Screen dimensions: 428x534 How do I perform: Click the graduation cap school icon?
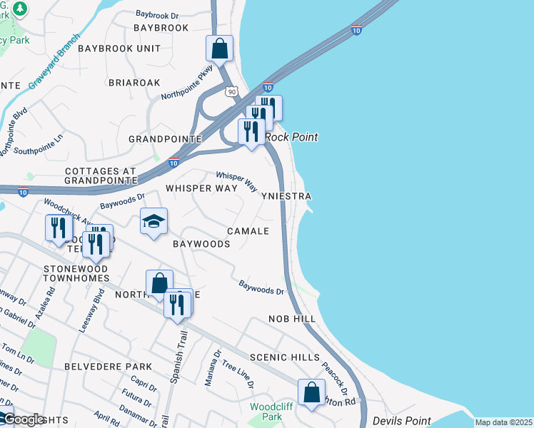pyautogui.click(x=153, y=222)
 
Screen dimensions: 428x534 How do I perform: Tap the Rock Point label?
pyautogui.click(x=291, y=137)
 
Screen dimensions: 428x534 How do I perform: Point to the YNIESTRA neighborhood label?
pyautogui.click(x=286, y=195)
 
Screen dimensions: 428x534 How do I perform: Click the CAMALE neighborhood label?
pyautogui.click(x=248, y=231)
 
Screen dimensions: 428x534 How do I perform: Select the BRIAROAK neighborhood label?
pyautogui.click(x=134, y=83)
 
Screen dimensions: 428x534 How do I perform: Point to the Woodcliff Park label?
pyautogui.click(x=266, y=412)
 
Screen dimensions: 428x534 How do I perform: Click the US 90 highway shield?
pyautogui.click(x=230, y=91)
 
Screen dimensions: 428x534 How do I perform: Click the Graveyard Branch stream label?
pyautogui.click(x=55, y=65)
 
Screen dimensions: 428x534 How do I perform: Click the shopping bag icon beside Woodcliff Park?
pyautogui.click(x=311, y=392)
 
